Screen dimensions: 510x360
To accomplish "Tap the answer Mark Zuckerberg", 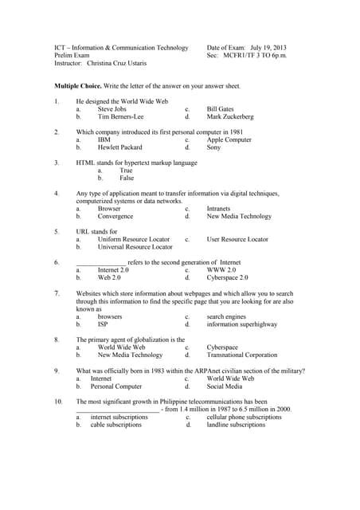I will click(x=229, y=116).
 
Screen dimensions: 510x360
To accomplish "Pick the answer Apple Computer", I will click(x=229, y=139).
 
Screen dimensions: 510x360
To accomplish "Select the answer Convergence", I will click(x=115, y=216).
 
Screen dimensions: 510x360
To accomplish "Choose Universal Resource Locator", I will click(x=135, y=247).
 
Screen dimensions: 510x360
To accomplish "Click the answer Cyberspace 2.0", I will click(x=227, y=278).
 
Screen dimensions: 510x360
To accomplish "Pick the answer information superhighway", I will click(x=241, y=324).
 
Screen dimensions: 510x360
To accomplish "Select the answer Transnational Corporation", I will click(x=241, y=355).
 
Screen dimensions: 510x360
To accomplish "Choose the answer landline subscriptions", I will click(x=236, y=425).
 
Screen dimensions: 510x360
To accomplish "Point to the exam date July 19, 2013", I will click(x=262, y=48).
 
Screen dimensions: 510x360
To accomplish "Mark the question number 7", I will click(x=57, y=293).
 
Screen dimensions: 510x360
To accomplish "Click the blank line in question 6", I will click(x=100, y=262).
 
